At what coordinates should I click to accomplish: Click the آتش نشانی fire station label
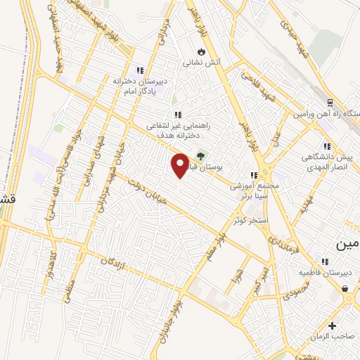pos(202,62)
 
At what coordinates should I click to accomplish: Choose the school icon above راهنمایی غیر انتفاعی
pos(178,114)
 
